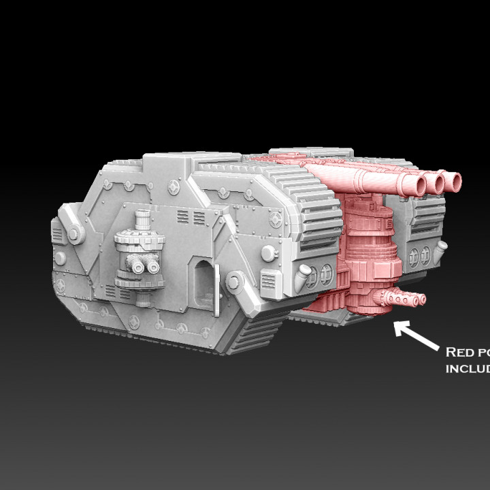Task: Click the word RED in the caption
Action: [459, 352]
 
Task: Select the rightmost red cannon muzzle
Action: [453, 182]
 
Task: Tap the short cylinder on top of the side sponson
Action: [143, 220]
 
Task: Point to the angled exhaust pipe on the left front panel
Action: [301, 275]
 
